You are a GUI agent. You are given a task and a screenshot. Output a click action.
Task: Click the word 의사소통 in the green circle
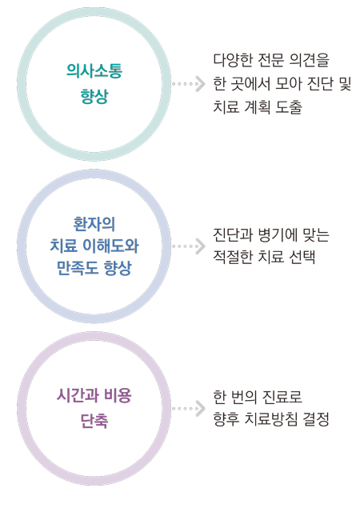coord(94,71)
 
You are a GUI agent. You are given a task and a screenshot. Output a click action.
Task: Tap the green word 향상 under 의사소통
coord(94,96)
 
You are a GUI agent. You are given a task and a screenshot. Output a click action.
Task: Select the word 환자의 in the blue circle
coord(94,224)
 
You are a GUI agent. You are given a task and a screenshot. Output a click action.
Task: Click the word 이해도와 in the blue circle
coord(110,246)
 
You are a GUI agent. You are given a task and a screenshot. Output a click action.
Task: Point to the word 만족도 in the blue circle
coord(78,268)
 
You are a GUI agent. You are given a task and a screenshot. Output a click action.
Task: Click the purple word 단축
coord(94,421)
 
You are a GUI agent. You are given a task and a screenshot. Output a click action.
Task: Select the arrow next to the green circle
coord(189,84)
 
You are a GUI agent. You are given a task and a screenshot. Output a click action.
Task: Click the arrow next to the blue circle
coord(189,246)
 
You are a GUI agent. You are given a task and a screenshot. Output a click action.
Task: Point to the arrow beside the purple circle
coord(189,409)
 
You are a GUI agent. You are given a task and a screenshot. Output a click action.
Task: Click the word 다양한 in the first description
coord(232,61)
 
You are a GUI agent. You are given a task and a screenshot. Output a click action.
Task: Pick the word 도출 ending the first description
coord(289,106)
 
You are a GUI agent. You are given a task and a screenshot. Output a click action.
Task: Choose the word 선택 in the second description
coord(302,257)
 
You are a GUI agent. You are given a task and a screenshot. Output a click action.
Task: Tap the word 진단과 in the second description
coord(232,234)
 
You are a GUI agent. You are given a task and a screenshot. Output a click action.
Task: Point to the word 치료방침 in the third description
coord(270,419)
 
